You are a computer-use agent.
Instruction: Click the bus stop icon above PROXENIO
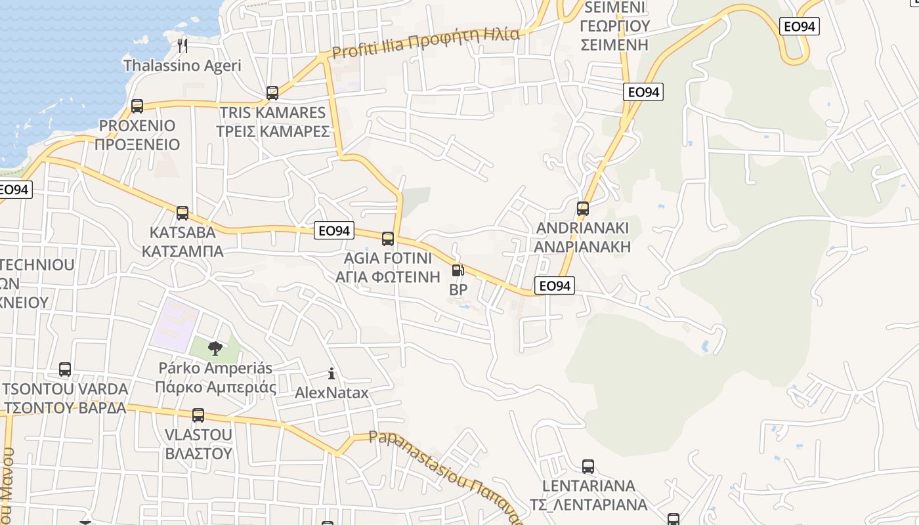[x=137, y=106]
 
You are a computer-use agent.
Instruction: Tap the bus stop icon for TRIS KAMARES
[x=272, y=93]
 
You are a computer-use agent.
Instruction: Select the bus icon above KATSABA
[x=182, y=213]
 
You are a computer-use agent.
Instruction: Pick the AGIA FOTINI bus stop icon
[x=388, y=238]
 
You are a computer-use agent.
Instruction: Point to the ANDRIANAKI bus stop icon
[x=582, y=209]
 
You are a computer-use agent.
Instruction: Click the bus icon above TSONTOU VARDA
[x=65, y=369]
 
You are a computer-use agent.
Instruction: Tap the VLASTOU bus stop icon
[x=198, y=415]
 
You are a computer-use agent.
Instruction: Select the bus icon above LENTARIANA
[x=588, y=467]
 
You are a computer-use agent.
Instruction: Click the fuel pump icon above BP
[x=458, y=270]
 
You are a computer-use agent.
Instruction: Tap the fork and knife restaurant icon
[x=182, y=45]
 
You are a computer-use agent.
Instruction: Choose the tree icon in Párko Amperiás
[x=215, y=348]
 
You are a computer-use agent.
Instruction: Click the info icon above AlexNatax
[x=331, y=374]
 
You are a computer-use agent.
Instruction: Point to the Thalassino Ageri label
[x=182, y=66]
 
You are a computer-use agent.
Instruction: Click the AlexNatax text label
[x=331, y=393]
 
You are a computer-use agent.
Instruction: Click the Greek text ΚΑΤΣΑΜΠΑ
[x=182, y=251]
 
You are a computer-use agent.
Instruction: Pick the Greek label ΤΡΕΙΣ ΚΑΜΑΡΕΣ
[x=273, y=131]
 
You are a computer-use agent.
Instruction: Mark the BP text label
[x=458, y=289]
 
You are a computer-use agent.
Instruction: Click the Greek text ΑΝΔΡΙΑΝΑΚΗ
[x=582, y=247]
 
